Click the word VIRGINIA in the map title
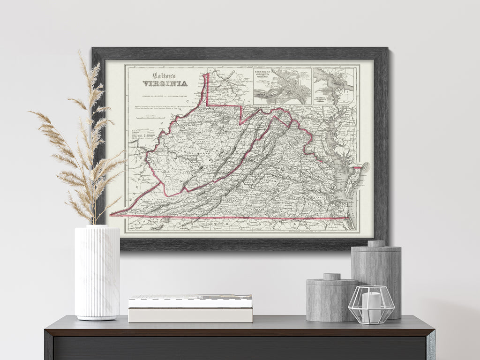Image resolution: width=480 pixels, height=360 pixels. [x=165, y=84]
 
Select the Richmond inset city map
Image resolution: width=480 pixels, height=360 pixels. [x=282, y=86]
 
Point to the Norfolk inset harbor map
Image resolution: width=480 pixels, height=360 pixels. [x=333, y=86]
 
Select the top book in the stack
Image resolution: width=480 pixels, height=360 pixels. [x=190, y=300]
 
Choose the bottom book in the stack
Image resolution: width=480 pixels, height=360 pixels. [x=190, y=315]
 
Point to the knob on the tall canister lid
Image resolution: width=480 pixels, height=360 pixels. [x=376, y=243]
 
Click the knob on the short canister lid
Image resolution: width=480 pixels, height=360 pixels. [x=332, y=277]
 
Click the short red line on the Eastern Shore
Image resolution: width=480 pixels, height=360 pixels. [x=357, y=167]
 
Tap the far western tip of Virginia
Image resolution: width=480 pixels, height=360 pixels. [x=112, y=215]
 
